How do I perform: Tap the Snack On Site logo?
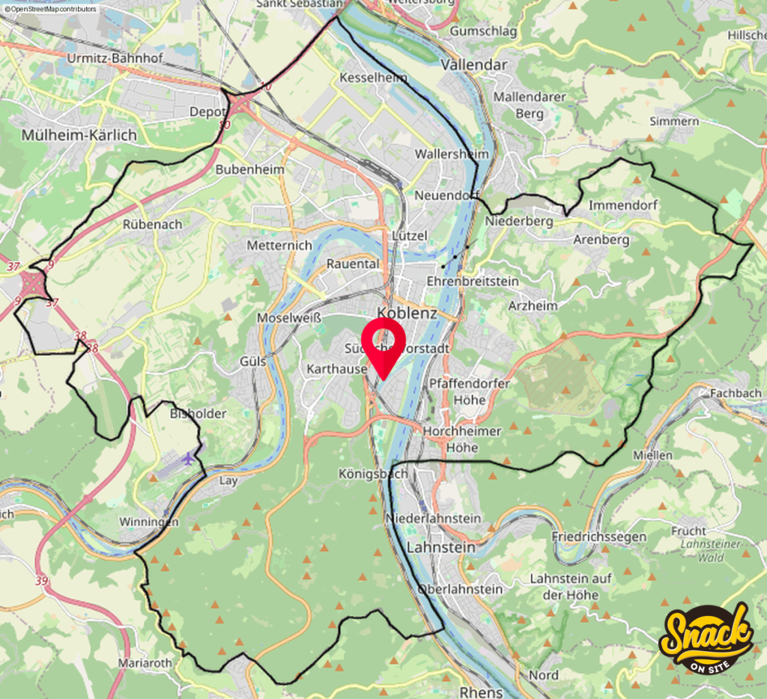pos(706,637)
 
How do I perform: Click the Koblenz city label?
pos(407,313)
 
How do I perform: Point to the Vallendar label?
pos(474,64)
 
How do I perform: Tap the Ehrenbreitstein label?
pos(472,281)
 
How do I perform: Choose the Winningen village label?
pos(150,522)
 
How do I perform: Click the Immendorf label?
pos(623,204)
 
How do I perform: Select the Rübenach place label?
pos(154,223)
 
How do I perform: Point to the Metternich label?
pos(279,245)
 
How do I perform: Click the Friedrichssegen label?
pos(587,537)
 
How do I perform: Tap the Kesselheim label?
pos(374,78)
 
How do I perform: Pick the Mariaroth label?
pos(145,662)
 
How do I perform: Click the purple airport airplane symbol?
pos(187,458)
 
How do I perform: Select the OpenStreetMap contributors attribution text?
pos(51,9)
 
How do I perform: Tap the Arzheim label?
pos(533,305)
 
